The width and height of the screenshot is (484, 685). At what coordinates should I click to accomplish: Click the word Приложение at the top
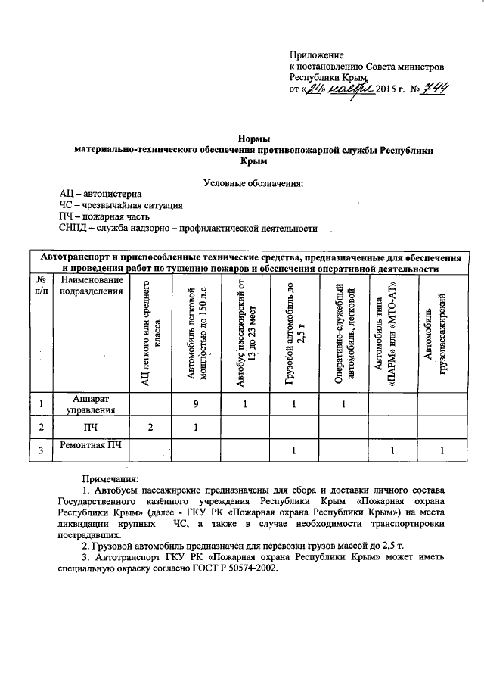[x=316, y=55]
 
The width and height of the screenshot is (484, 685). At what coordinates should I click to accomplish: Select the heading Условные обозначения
[x=253, y=182]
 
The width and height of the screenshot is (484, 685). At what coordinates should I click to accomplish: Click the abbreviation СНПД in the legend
[x=73, y=227]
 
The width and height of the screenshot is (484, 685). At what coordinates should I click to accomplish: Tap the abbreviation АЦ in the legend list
[x=69, y=194]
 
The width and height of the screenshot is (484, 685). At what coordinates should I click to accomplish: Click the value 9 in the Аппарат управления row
[x=194, y=404]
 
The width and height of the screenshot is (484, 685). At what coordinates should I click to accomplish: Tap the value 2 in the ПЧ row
[x=150, y=428]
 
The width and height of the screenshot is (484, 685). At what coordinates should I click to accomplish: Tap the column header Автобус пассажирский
[x=244, y=335]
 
